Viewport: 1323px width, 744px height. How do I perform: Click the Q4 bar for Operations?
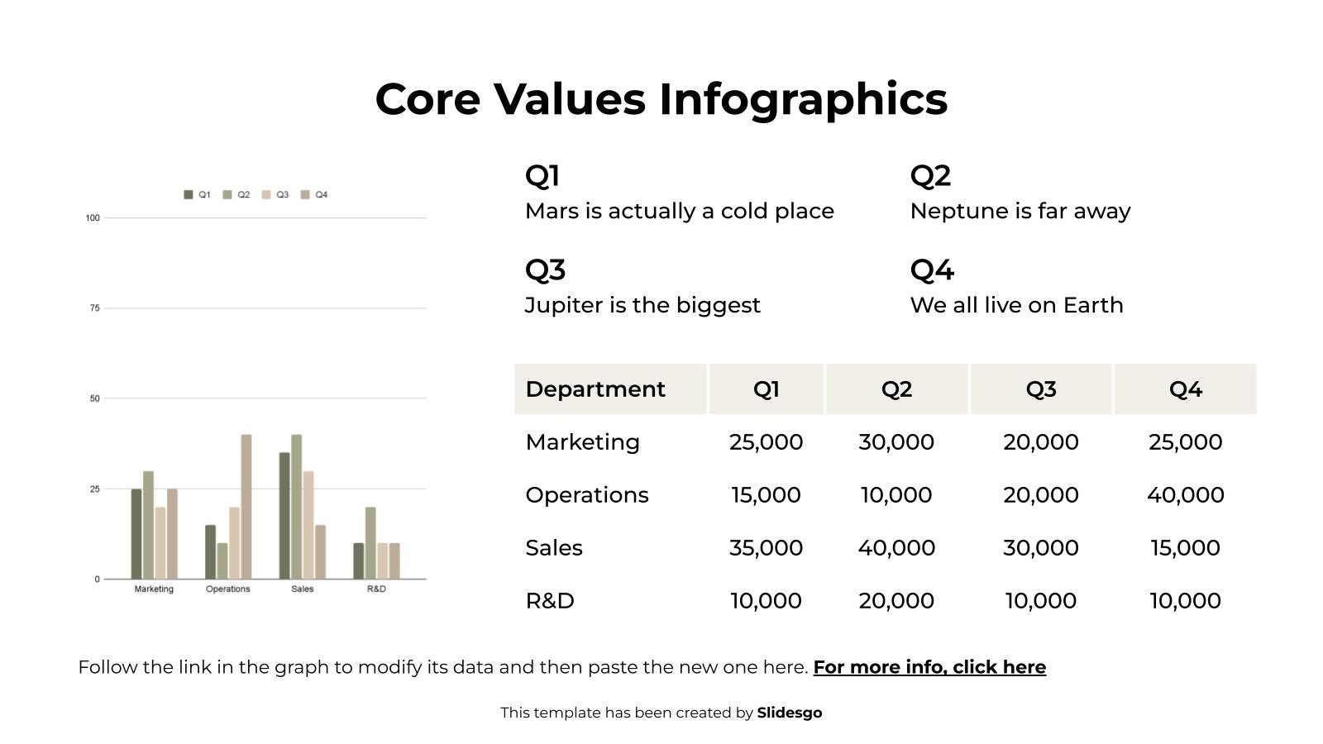pos(246,507)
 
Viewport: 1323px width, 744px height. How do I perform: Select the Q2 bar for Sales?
pos(297,507)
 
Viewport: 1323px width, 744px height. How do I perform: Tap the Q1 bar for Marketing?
pos(136,534)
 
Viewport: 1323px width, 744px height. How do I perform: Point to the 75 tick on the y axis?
pos(94,308)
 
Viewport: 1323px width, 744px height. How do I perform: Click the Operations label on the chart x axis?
pos(228,589)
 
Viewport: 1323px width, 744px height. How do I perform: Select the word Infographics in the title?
pos(803,99)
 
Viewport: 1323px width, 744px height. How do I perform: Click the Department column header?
pos(595,389)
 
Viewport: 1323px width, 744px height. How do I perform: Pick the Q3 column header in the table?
pos(1040,389)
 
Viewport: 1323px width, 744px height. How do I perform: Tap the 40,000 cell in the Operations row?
pos(1185,495)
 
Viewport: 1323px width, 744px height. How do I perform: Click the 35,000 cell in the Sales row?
pos(766,548)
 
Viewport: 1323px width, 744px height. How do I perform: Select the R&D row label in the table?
pos(550,601)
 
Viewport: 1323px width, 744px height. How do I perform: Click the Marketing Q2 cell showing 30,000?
pos(896,442)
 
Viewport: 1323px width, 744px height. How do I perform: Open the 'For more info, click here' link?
pos(929,667)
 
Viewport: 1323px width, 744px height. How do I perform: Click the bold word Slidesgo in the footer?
pos(790,713)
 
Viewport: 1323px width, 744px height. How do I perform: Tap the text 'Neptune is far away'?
pos(1020,212)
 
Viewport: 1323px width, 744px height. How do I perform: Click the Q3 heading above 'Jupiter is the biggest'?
pos(545,270)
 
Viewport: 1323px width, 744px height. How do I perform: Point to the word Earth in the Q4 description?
pos(1093,306)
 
